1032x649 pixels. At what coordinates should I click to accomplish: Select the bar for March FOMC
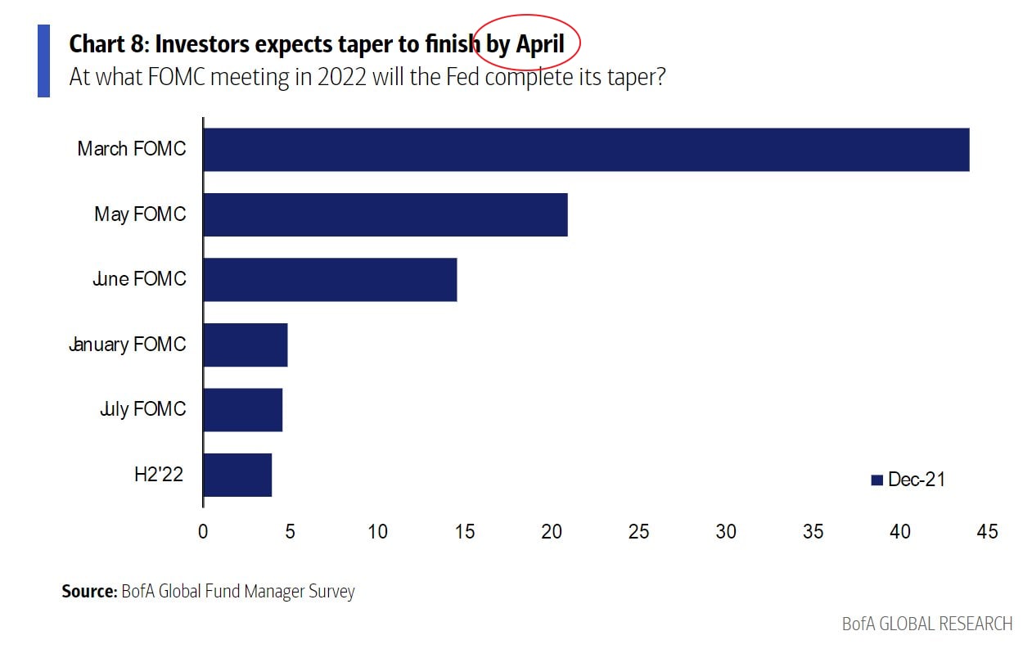[585, 150]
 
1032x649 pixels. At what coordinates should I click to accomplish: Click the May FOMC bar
[385, 214]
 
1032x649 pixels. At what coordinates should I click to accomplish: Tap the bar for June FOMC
[329, 279]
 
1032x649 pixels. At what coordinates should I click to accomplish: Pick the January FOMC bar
[245, 345]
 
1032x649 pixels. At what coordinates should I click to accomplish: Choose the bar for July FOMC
[242, 409]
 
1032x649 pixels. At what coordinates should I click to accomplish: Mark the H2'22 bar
[237, 475]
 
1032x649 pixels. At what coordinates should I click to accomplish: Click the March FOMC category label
[132, 149]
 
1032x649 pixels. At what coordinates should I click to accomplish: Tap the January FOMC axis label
[128, 345]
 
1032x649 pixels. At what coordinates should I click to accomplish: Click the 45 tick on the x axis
[987, 532]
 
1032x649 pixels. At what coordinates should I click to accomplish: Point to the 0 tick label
[203, 532]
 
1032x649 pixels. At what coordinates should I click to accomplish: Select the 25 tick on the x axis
[639, 532]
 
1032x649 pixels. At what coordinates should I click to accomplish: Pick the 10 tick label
[377, 532]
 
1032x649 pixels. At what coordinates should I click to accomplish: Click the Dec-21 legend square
[877, 480]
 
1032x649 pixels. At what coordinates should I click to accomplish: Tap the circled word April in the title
[540, 43]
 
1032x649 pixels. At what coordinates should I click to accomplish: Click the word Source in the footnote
[89, 591]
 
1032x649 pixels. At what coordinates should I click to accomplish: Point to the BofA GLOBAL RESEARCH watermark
[927, 624]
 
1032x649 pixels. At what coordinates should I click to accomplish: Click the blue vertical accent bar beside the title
[43, 61]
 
